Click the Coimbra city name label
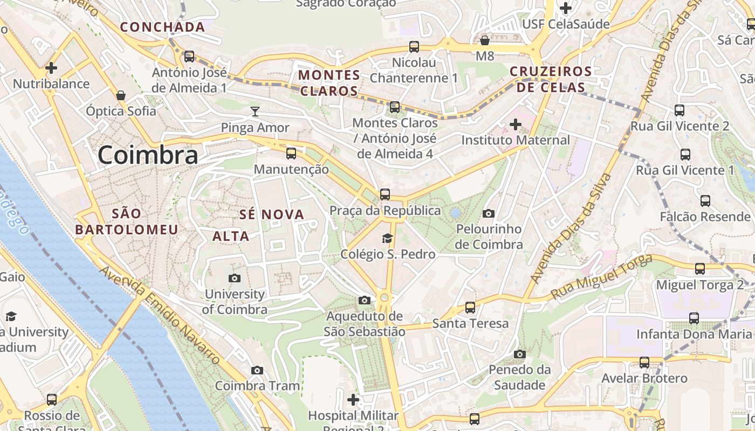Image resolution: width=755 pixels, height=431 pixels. tap(148, 155)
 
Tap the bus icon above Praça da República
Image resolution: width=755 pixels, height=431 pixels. tap(385, 194)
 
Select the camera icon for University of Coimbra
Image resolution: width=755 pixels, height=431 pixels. tap(235, 278)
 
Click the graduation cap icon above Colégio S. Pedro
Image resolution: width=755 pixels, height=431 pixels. tap(387, 238)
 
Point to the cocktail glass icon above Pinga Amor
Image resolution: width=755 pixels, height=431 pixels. tap(255, 112)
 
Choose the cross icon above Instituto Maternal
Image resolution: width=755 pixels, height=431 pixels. tap(516, 125)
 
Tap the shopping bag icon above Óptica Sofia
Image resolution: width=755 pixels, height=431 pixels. tap(121, 95)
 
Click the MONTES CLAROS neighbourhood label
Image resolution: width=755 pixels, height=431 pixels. tap(329, 82)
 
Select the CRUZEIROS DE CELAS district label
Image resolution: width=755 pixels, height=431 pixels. tap(551, 79)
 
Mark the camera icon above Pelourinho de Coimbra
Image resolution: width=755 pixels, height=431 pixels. tap(489, 213)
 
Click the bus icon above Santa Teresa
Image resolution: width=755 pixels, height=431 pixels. tap(470, 308)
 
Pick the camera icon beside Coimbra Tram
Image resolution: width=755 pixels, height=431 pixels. tap(257, 370)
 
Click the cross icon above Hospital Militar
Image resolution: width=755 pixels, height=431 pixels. tap(353, 400)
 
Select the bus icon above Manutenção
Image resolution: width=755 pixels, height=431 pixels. tap(291, 154)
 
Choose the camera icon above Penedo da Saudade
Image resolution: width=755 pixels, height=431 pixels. tap(519, 354)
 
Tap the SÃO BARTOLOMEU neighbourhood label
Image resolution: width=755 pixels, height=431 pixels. tap(127, 221)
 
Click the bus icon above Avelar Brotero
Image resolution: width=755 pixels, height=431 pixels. tap(644, 363)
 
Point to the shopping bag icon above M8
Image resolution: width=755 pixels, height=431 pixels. tap(485, 40)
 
